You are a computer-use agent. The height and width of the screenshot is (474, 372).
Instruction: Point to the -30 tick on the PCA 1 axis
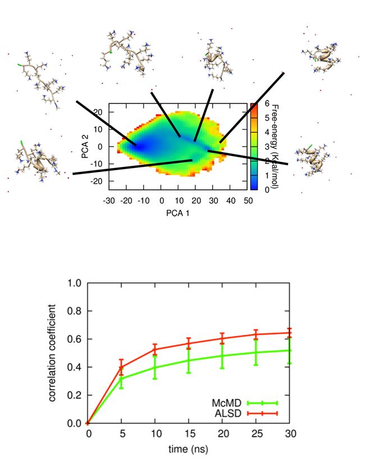(x=111, y=200)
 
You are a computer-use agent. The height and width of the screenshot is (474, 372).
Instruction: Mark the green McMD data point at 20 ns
(x=223, y=355)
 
